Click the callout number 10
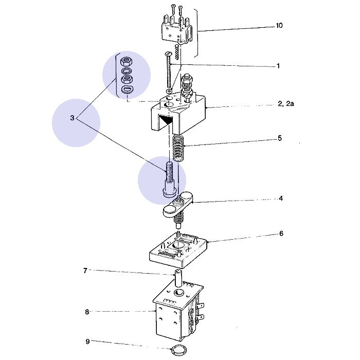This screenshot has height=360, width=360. click(279, 25)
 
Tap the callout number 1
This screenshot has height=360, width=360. click(278, 66)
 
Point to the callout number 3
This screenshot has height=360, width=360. click(73, 118)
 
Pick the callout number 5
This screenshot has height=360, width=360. click(280, 138)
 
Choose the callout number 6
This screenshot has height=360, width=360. click(281, 233)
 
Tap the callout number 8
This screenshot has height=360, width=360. click(87, 311)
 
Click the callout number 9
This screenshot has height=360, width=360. click(87, 340)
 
